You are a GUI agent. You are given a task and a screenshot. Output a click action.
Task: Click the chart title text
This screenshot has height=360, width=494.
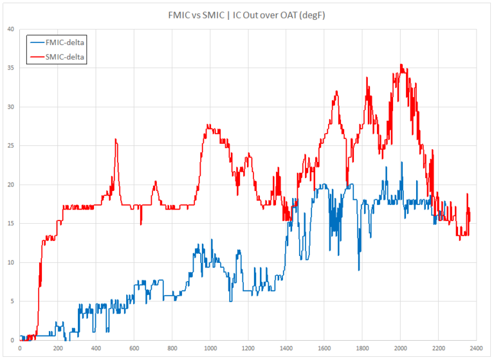(x=247, y=14)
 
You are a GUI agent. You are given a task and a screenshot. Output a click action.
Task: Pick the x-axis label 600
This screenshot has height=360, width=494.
(x=134, y=348)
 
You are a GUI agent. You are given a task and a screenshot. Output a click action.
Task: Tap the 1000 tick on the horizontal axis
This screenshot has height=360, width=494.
(x=210, y=348)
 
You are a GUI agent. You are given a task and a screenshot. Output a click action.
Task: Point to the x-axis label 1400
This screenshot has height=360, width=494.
(x=286, y=348)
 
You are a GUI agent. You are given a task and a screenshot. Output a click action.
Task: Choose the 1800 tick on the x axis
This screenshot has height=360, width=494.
(x=362, y=348)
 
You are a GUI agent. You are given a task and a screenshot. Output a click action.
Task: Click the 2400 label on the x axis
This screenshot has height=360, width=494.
(x=476, y=348)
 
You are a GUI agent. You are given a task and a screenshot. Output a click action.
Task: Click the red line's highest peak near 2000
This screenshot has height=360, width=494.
(x=401, y=64)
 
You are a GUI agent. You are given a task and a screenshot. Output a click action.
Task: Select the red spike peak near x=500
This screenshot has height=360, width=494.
(x=116, y=139)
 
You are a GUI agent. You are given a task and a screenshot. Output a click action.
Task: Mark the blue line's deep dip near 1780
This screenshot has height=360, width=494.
(x=359, y=270)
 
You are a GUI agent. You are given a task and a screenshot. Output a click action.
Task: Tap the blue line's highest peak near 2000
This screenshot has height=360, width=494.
(x=402, y=162)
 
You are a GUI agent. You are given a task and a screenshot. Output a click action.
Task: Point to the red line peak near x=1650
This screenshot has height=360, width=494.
(x=336, y=91)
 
